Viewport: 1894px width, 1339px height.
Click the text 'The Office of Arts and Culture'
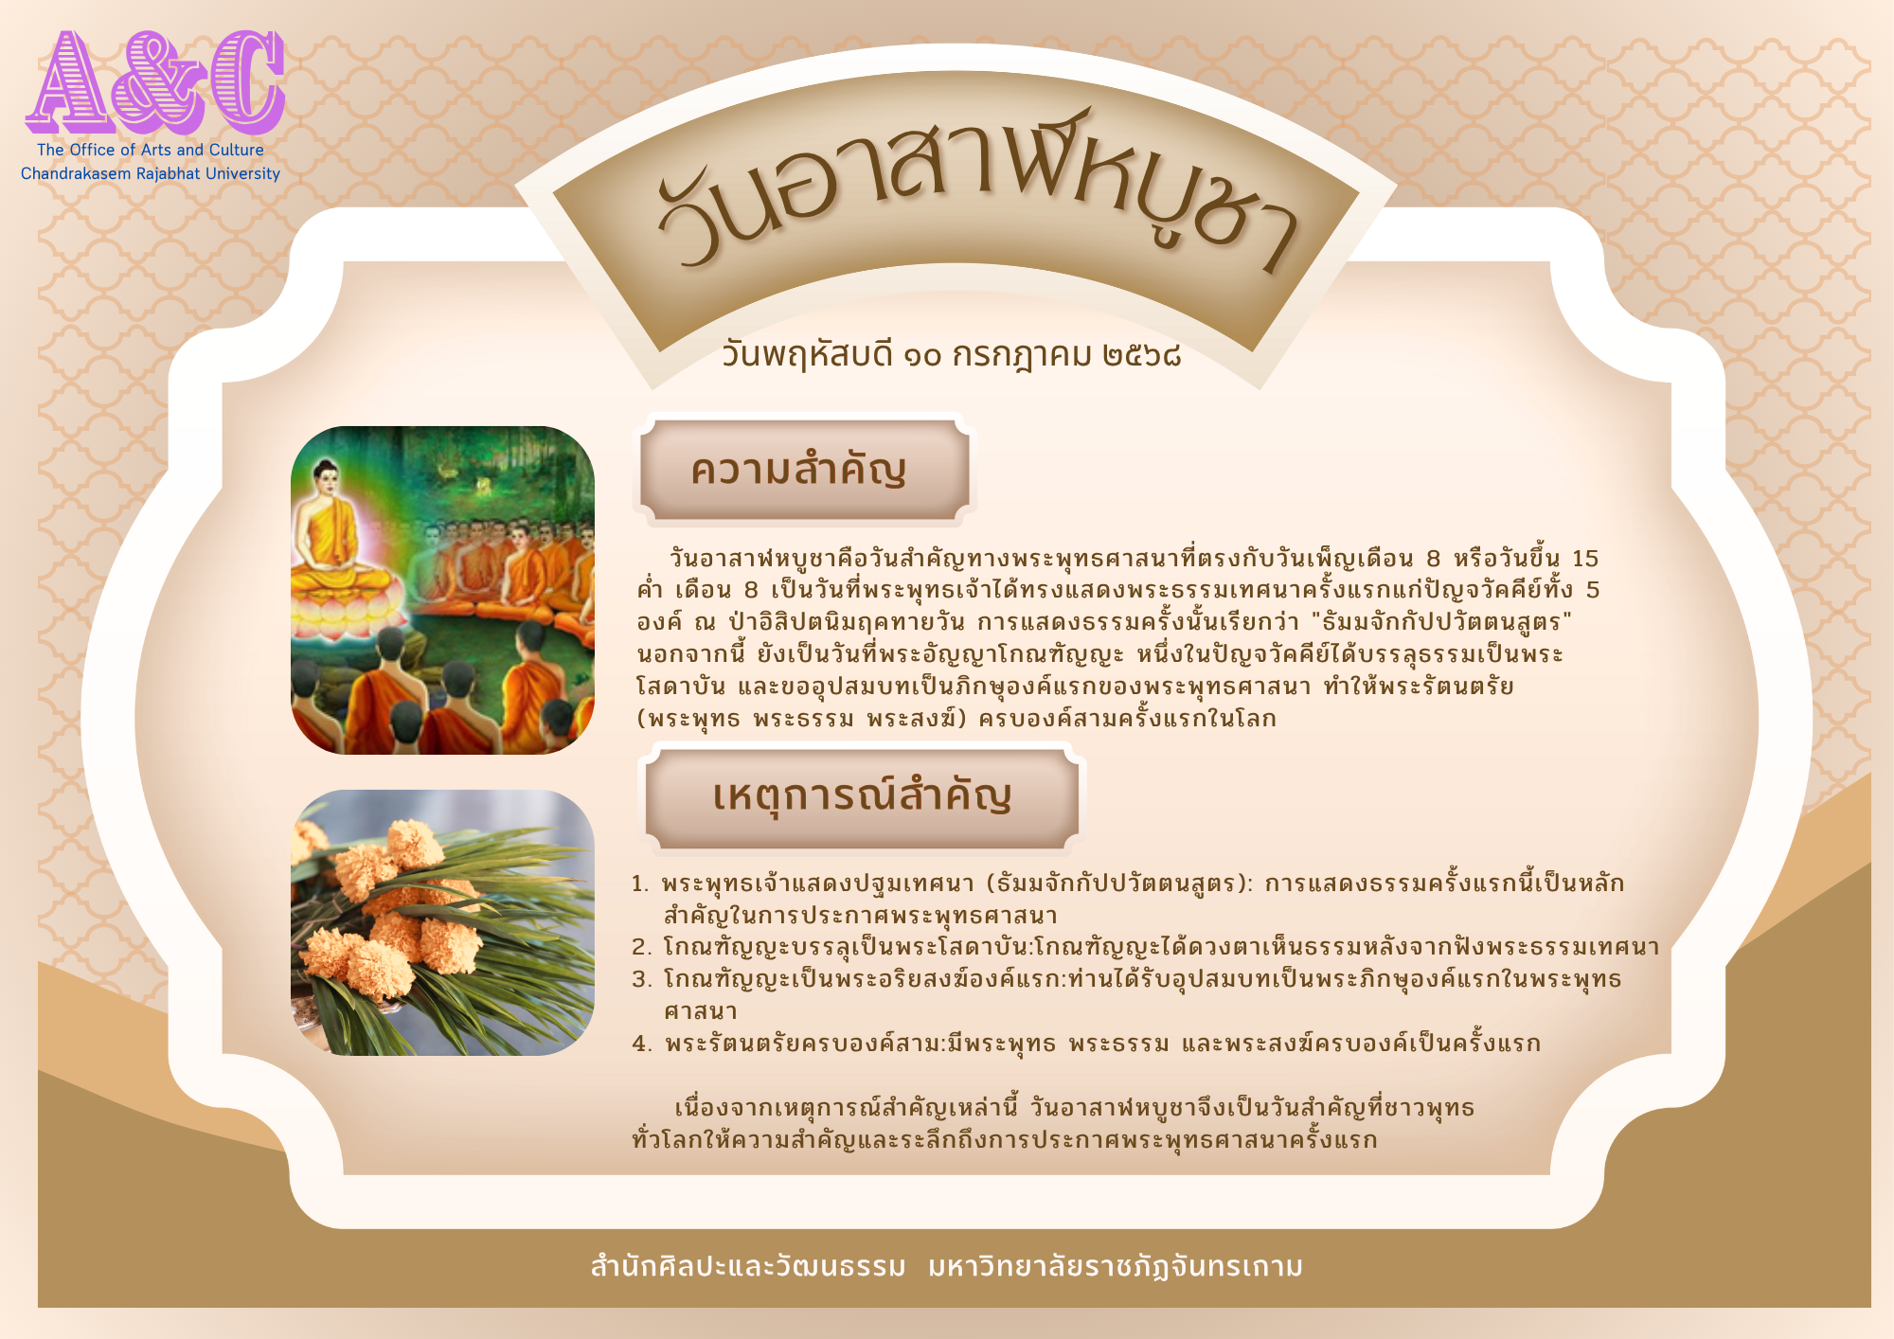pos(151,150)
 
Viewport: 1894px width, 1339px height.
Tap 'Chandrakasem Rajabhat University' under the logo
pos(151,173)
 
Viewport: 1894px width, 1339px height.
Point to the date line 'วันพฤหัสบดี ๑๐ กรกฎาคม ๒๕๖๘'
pos(951,355)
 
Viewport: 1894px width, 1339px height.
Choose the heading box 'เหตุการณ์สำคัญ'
pos(862,796)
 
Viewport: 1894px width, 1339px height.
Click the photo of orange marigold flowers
pos(442,922)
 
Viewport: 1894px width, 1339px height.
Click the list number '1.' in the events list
pos(640,884)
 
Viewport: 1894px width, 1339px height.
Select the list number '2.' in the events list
pos(642,947)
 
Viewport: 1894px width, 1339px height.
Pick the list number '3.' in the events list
pos(642,979)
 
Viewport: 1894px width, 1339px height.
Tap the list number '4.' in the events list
pos(642,1044)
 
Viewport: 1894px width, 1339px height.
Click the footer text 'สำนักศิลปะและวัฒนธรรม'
pos(748,1266)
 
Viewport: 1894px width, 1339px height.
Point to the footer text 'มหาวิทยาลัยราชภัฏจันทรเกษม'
pos(1116,1266)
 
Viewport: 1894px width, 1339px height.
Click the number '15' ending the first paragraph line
pos(1585,558)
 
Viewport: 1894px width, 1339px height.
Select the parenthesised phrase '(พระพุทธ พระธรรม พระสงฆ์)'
pos(802,719)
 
